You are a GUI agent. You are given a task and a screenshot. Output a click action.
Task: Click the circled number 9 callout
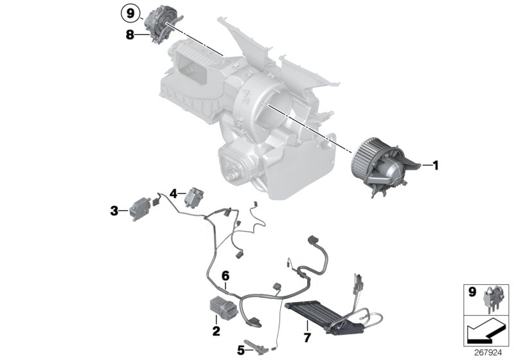point(130,12)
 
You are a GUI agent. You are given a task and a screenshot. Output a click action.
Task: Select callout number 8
point(130,35)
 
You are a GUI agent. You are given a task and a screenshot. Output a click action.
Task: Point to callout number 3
point(114,210)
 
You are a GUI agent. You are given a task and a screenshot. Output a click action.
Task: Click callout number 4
point(173,192)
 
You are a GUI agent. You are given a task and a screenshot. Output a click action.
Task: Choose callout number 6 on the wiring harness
point(226,275)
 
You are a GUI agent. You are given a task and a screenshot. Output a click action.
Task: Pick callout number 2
point(216,332)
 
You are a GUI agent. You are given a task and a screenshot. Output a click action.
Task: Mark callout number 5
point(240,350)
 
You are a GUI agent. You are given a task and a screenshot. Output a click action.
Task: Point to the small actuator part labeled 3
point(138,207)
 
